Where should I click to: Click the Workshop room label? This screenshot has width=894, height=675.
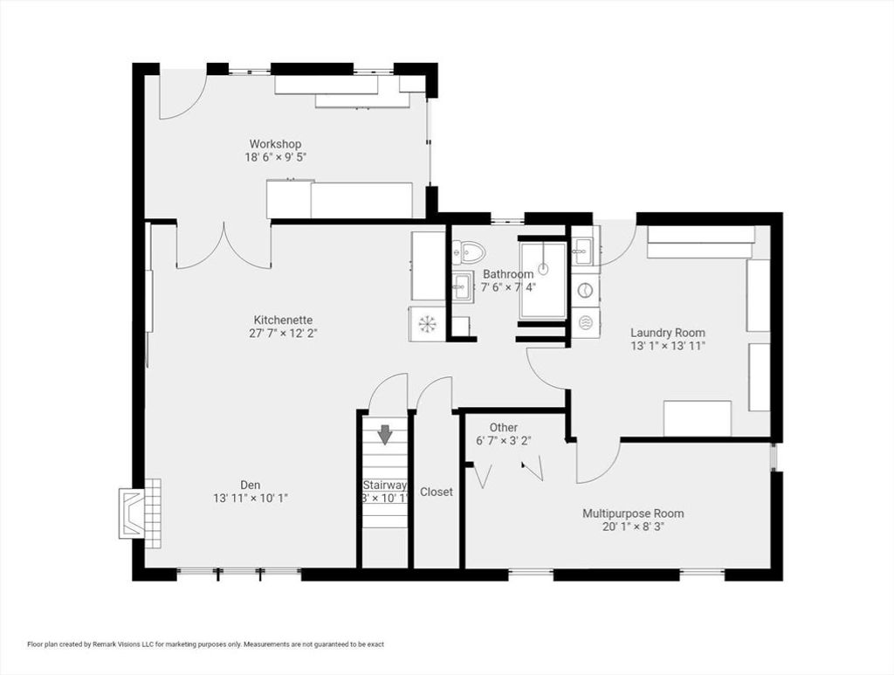275,144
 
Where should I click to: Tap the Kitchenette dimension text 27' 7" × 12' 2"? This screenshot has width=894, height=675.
283,334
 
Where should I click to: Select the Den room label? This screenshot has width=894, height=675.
251,486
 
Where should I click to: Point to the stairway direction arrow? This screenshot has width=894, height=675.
386,435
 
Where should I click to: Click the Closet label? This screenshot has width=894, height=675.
437,492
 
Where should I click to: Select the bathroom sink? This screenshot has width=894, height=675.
463,285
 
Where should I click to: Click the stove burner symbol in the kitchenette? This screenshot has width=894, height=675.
426,324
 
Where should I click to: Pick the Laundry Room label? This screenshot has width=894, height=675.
668,333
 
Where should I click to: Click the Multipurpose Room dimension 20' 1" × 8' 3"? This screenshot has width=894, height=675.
633,527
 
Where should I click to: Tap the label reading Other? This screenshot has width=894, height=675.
504,428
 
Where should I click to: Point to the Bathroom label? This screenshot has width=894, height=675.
508,274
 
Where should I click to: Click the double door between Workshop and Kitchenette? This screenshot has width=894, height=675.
224,246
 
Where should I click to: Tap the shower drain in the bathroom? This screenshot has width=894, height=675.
543,267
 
